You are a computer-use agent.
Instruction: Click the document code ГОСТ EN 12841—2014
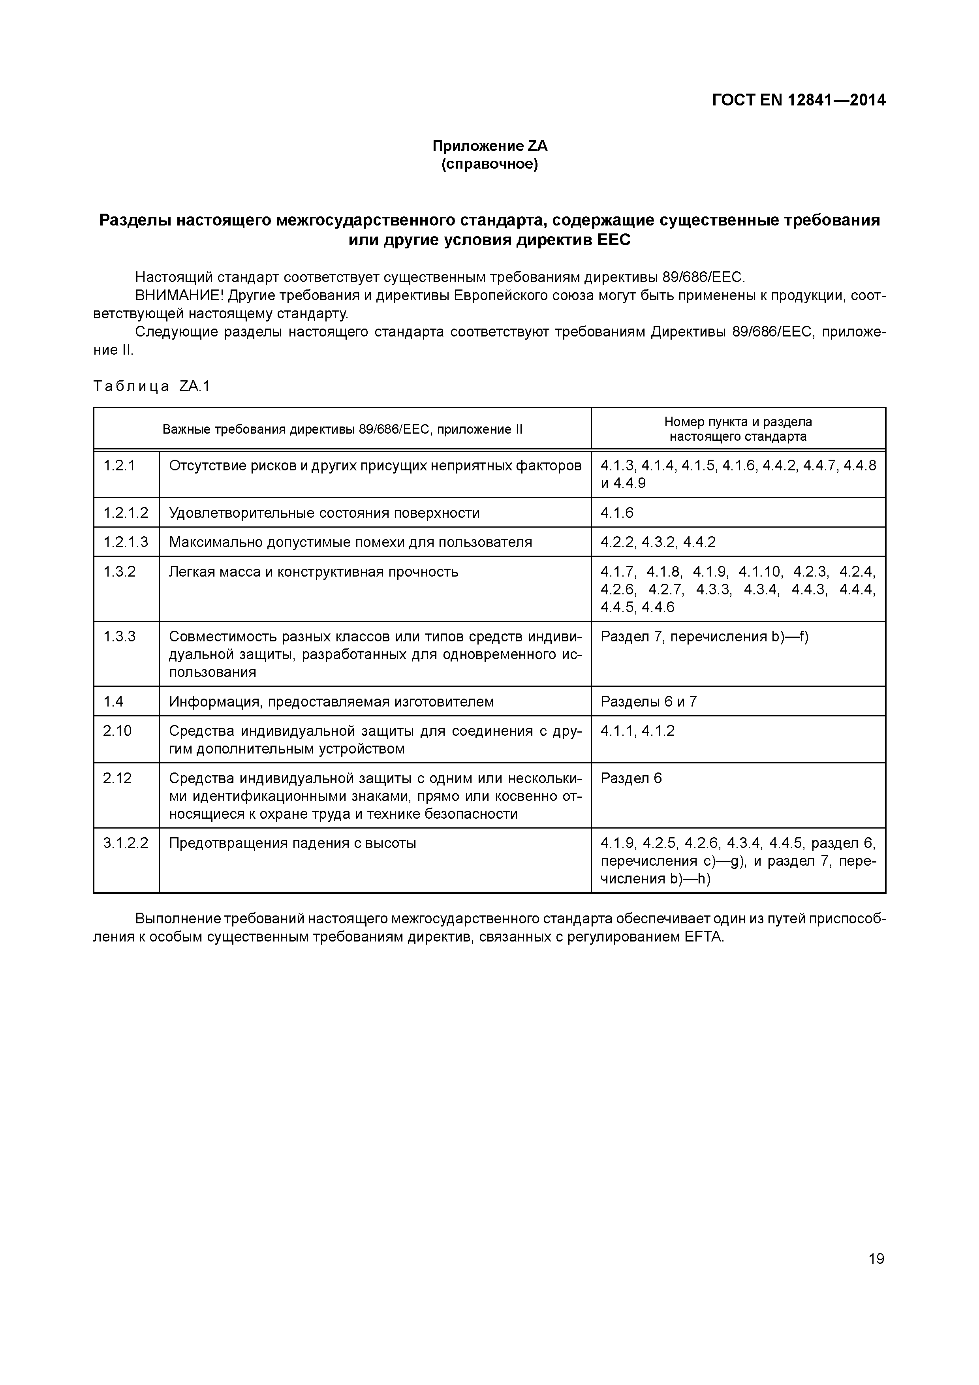(x=799, y=100)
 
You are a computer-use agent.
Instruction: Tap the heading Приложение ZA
(x=489, y=146)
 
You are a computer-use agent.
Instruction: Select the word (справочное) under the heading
(x=489, y=164)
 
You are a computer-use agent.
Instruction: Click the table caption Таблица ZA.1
(x=152, y=386)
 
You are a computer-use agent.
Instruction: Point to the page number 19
(x=876, y=1258)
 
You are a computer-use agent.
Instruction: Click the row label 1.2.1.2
(x=126, y=513)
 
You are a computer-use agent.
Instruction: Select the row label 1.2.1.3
(x=126, y=542)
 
